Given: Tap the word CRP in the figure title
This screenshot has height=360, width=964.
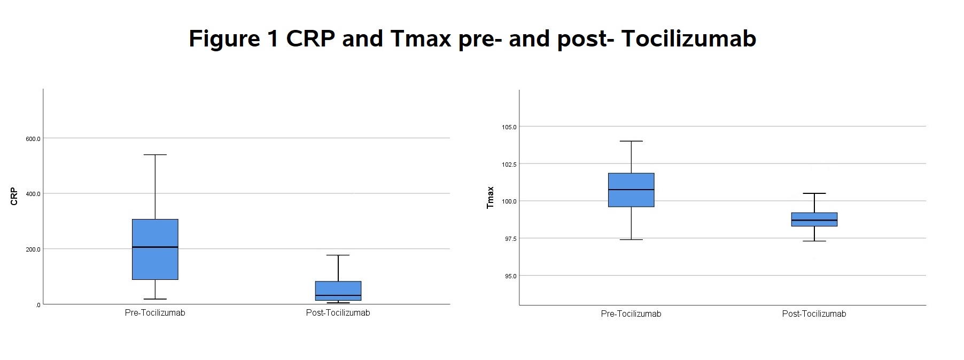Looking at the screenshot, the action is coord(311,38).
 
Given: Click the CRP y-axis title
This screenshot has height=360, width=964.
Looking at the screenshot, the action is coord(14,196).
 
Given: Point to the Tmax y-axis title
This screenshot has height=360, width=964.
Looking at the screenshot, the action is coord(490,198).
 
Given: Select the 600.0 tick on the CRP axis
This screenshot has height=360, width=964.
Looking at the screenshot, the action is coord(33,139).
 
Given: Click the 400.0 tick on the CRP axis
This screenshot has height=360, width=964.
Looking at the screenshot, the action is coord(33,194).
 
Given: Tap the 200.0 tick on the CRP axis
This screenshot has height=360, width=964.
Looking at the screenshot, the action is coord(33,249).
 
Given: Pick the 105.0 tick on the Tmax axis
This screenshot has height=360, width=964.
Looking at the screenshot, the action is coord(509,127).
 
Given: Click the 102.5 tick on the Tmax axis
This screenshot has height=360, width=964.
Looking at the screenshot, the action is coord(509,165).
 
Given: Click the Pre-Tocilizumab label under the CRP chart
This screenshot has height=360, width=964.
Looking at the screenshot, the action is coord(155,312).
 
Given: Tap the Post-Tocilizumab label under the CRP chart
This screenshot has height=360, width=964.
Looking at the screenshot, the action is coord(338,312).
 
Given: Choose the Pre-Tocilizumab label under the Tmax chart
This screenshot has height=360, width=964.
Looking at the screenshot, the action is coord(631,314).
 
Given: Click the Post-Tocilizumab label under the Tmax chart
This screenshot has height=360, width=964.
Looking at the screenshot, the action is coord(814,314).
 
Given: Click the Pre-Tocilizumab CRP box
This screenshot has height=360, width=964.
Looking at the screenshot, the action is coord(155,249).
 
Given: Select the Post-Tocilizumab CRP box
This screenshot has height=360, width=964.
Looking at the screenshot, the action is coord(338,291).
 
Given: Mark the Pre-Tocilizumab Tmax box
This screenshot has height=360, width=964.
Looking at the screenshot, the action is coord(631,190).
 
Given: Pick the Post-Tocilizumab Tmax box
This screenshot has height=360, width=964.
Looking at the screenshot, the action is coord(814,220).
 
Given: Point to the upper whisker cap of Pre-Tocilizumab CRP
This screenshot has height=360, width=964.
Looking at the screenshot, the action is coord(155,155).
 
